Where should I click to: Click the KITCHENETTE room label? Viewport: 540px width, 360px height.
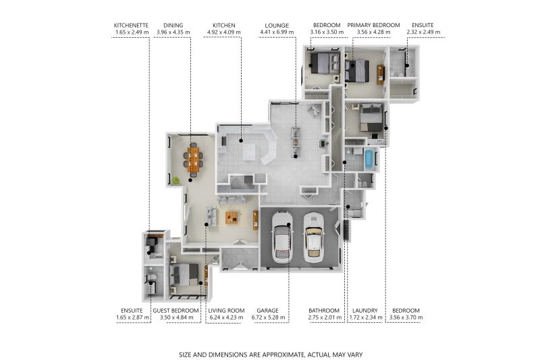[131, 26]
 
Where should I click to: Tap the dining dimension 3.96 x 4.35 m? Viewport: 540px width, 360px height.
[173, 32]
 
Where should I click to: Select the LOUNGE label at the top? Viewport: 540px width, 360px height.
[277, 26]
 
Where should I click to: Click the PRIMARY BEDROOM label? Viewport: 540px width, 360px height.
[373, 25]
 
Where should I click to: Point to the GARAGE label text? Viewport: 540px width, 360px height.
[267, 311]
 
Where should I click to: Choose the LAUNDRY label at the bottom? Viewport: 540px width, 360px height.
[365, 311]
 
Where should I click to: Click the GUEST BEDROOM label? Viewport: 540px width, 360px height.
[175, 311]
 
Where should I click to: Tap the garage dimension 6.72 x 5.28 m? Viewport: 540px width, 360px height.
[268, 317]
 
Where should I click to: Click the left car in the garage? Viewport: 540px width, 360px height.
[282, 237]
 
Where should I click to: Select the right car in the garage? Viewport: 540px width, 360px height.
[314, 237]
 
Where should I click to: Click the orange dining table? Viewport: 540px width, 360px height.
[194, 159]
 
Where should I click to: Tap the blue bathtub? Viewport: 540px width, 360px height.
[369, 159]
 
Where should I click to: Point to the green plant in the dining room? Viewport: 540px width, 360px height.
[175, 180]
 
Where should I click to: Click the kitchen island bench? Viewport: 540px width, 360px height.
[249, 152]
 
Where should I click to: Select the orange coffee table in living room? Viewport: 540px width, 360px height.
[232, 217]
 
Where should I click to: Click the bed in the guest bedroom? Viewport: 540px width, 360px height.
[184, 275]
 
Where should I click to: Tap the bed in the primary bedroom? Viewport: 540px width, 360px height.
[357, 71]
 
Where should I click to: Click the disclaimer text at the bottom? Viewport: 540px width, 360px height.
[271, 355]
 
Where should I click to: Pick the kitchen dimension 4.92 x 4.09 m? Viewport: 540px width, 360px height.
[224, 32]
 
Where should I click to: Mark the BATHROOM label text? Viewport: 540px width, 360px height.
[324, 311]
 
